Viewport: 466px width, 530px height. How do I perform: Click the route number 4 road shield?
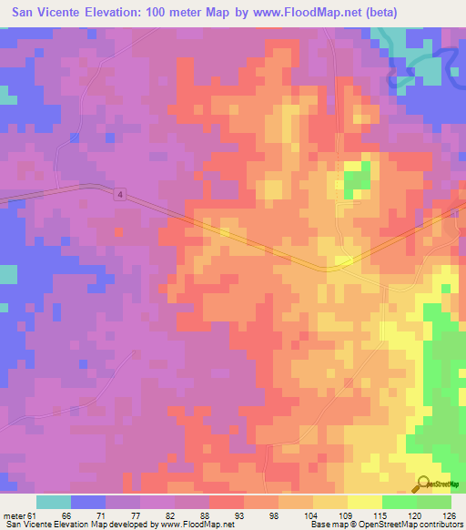(120, 195)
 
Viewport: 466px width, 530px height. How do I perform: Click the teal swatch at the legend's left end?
(54, 502)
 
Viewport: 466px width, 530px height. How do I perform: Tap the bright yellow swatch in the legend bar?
(364, 502)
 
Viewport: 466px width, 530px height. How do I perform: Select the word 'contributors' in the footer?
(440, 525)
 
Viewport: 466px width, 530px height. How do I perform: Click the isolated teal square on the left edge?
(7, 274)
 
